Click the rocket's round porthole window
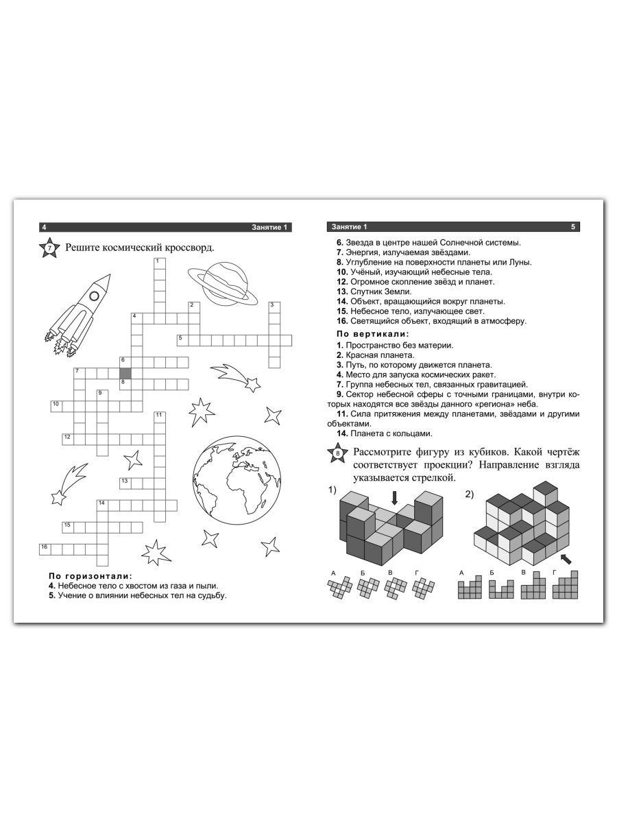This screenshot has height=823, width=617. (x=94, y=296)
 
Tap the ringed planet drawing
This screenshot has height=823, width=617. (x=223, y=284)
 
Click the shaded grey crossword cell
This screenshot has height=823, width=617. (x=125, y=374)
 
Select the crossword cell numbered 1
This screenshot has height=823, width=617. (x=160, y=263)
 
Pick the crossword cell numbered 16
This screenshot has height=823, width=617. (x=45, y=549)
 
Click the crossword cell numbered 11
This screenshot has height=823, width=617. (x=160, y=417)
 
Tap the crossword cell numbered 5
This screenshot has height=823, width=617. (x=183, y=340)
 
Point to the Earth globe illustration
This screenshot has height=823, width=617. (x=237, y=480)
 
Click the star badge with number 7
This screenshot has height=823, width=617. (x=49, y=248)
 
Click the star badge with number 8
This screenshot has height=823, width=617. (x=337, y=453)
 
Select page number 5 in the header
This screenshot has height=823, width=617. (x=573, y=227)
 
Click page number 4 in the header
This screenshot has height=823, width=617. (x=44, y=227)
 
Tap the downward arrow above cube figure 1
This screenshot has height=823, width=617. (x=394, y=498)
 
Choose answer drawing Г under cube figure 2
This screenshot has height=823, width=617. (x=566, y=586)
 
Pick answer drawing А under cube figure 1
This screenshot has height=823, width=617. (x=340, y=588)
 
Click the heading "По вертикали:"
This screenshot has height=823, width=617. (x=373, y=333)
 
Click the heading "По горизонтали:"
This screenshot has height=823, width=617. (x=90, y=575)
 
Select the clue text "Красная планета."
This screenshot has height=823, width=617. (x=380, y=355)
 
